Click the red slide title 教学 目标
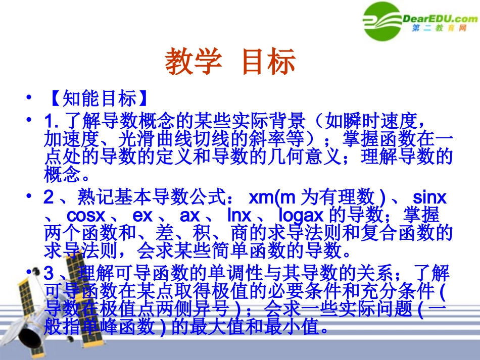coord(230,63)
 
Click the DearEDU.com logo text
coord(440,19)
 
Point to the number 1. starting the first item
coord(52,122)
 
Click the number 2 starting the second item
coord(49,197)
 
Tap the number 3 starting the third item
coord(49,274)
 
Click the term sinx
coord(430,197)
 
